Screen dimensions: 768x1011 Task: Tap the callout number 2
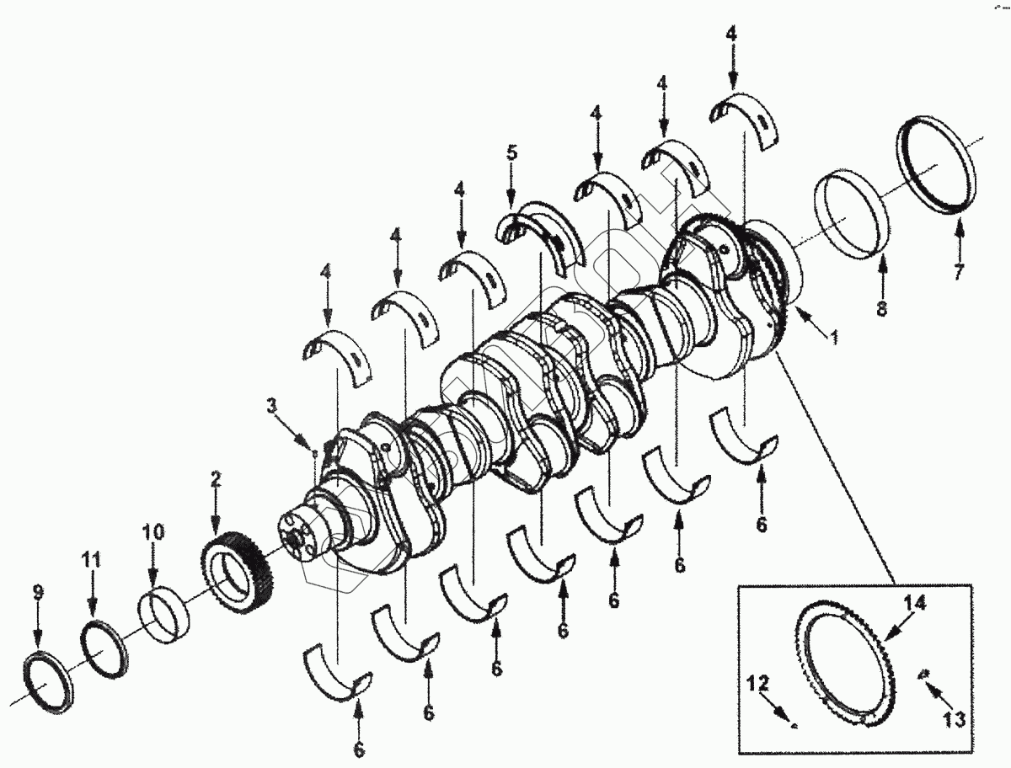[x=215, y=480]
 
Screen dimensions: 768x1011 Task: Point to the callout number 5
[x=511, y=154]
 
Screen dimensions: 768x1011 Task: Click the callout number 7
[x=959, y=271]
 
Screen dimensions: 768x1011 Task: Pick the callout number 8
[x=881, y=308]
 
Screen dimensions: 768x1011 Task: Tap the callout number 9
[x=37, y=593]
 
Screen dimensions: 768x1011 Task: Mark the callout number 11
[x=91, y=559]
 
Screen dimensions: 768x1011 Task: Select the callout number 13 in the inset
[x=953, y=720]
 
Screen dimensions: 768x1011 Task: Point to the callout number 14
[x=915, y=603]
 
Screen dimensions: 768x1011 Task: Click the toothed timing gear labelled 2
[x=234, y=570]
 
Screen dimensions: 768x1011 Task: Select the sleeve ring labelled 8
[x=853, y=216]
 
